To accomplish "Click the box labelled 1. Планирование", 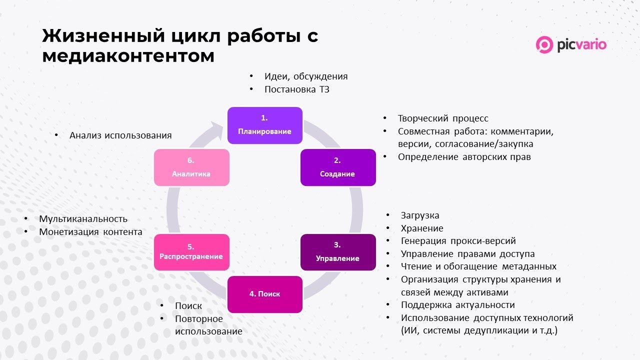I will (265, 125).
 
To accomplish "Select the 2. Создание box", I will (337, 167).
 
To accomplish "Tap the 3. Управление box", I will (337, 252).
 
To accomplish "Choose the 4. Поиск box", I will (265, 294).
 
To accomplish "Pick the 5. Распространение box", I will (191, 252).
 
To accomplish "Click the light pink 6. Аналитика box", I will (191, 167).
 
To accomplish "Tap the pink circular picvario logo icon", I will (544, 45).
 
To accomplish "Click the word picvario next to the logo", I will (581, 45).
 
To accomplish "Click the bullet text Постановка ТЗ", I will (297, 89).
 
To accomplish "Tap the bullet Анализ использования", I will (120, 135).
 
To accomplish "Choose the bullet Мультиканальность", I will (83, 219).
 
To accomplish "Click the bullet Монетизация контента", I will (90, 232).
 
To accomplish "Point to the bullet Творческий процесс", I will (443, 118).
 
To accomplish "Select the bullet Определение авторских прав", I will (464, 156).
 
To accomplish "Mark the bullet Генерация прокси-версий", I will (458, 241).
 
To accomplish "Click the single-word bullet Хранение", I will (422, 228).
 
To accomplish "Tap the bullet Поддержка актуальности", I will (457, 305).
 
